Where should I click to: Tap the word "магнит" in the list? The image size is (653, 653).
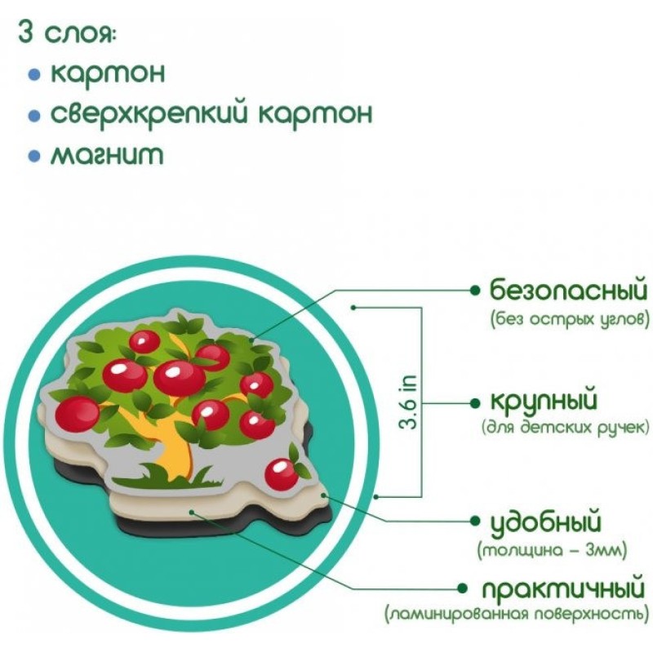point(106,154)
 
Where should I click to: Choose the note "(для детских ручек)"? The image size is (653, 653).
point(568,427)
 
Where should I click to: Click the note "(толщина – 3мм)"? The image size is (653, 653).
point(553,550)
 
